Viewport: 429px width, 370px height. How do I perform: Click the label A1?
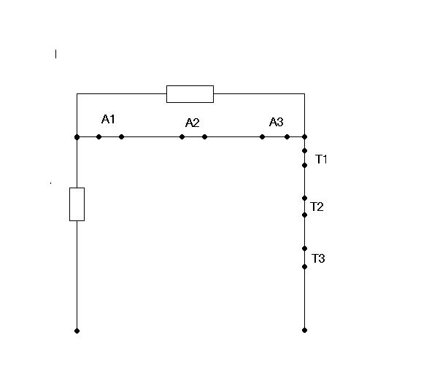(108, 119)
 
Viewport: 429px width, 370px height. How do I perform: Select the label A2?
(193, 123)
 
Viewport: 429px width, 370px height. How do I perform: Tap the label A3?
(277, 122)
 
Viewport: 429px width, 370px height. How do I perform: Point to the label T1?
(321, 159)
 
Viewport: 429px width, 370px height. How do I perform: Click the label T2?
(317, 207)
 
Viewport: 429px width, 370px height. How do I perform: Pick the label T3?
(318, 258)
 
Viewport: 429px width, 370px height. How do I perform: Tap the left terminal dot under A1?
(99, 137)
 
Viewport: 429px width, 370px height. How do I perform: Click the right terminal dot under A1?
(121, 137)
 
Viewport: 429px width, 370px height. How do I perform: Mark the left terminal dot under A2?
(182, 137)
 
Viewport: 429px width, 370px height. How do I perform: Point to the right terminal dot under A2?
(204, 137)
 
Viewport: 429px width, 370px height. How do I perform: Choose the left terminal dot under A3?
(262, 137)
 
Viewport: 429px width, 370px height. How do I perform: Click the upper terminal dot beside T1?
(304, 151)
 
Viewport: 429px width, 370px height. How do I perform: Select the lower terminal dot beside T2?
(304, 215)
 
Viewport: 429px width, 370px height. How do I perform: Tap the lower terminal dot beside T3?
(304, 267)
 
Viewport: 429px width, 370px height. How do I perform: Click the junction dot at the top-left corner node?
(77, 137)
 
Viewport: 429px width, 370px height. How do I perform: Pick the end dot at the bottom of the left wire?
(77, 331)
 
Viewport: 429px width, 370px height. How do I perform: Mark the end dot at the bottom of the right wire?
(304, 331)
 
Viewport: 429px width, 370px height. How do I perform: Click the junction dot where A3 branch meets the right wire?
(304, 137)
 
